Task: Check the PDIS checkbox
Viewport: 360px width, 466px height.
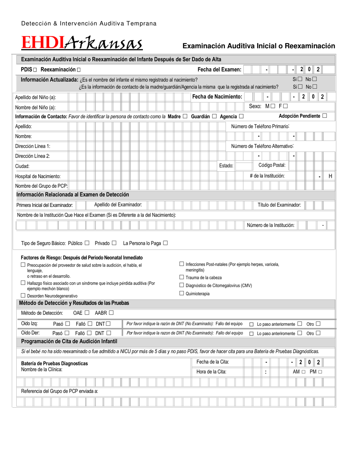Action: click(35, 70)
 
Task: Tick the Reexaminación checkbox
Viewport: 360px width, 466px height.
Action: click(78, 70)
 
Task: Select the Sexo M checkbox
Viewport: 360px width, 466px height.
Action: click(273, 106)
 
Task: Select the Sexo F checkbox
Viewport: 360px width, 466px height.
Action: click(285, 106)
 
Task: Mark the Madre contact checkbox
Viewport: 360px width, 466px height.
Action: click(185, 116)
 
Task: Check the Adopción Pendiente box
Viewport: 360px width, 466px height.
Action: click(324, 116)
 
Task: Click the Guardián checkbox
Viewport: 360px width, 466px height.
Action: click(214, 116)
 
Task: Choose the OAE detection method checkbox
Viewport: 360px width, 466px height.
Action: click(87, 313)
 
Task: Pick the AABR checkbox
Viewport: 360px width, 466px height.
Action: click(111, 313)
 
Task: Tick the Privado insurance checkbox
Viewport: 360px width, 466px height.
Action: click(114, 243)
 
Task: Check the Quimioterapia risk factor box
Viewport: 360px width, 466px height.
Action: click(182, 293)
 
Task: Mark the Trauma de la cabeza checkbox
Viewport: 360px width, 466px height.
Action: click(182, 277)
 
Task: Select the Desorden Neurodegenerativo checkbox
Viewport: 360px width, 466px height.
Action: click(23, 296)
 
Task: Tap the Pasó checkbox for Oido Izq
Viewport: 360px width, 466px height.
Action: click(67, 324)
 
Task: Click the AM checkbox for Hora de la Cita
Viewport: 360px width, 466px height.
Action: click(304, 372)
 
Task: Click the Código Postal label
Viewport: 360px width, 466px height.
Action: click(272, 165)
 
